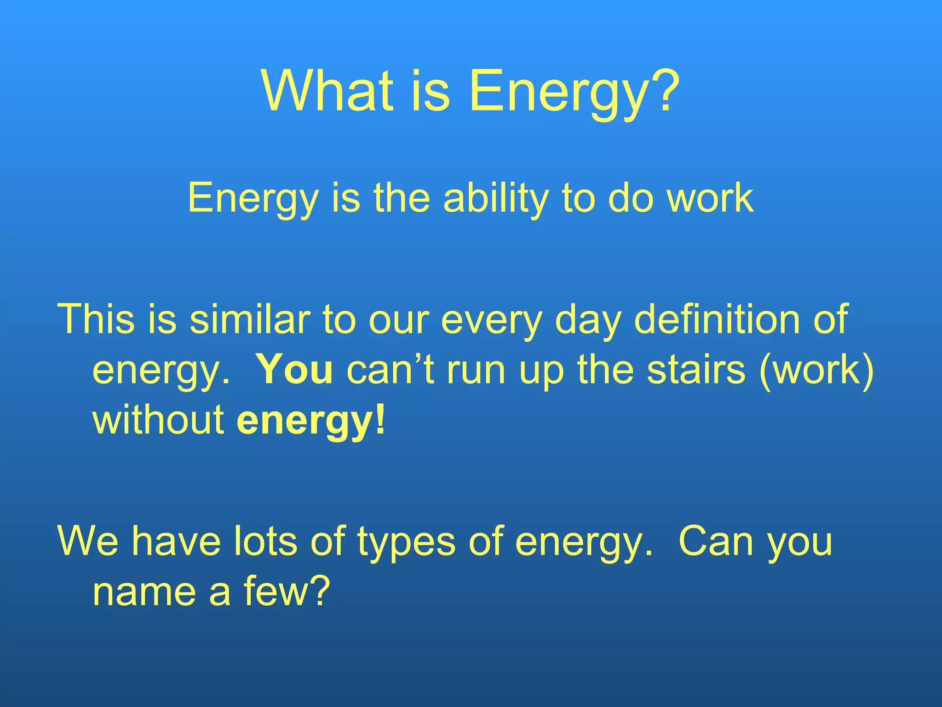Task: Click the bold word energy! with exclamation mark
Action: tap(311, 422)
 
